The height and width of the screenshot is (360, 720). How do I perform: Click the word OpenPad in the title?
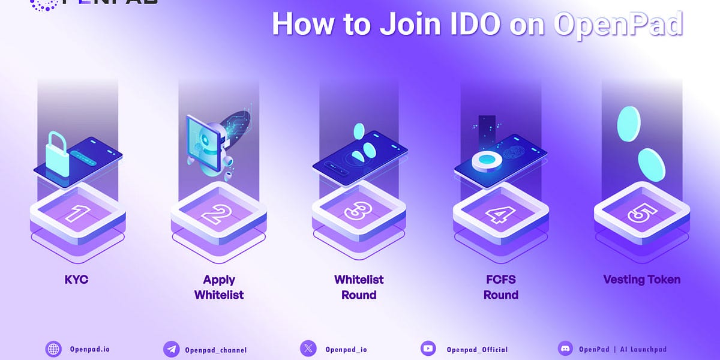pyautogui.click(x=618, y=24)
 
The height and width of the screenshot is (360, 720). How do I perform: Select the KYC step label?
pyautogui.click(x=76, y=280)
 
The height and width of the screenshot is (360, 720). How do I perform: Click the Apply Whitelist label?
pyautogui.click(x=219, y=287)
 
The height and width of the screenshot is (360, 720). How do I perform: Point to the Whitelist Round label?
pyautogui.click(x=359, y=287)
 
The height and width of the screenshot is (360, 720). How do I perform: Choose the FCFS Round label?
pyautogui.click(x=501, y=287)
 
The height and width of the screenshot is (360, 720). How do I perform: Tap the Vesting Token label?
pyautogui.click(x=642, y=280)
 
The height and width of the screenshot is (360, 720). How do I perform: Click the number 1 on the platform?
pyautogui.click(x=77, y=212)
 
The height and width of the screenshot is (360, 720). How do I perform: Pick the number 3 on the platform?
pyautogui.click(x=359, y=212)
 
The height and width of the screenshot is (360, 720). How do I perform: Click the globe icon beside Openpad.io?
pyautogui.click(x=54, y=349)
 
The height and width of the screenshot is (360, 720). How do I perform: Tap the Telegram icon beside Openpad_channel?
pyautogui.click(x=172, y=349)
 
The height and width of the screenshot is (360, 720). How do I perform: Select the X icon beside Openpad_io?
pyautogui.click(x=308, y=349)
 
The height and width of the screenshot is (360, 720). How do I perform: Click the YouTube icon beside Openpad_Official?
pyautogui.click(x=428, y=349)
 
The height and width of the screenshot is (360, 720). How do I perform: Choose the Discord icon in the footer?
pyautogui.click(x=565, y=349)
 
